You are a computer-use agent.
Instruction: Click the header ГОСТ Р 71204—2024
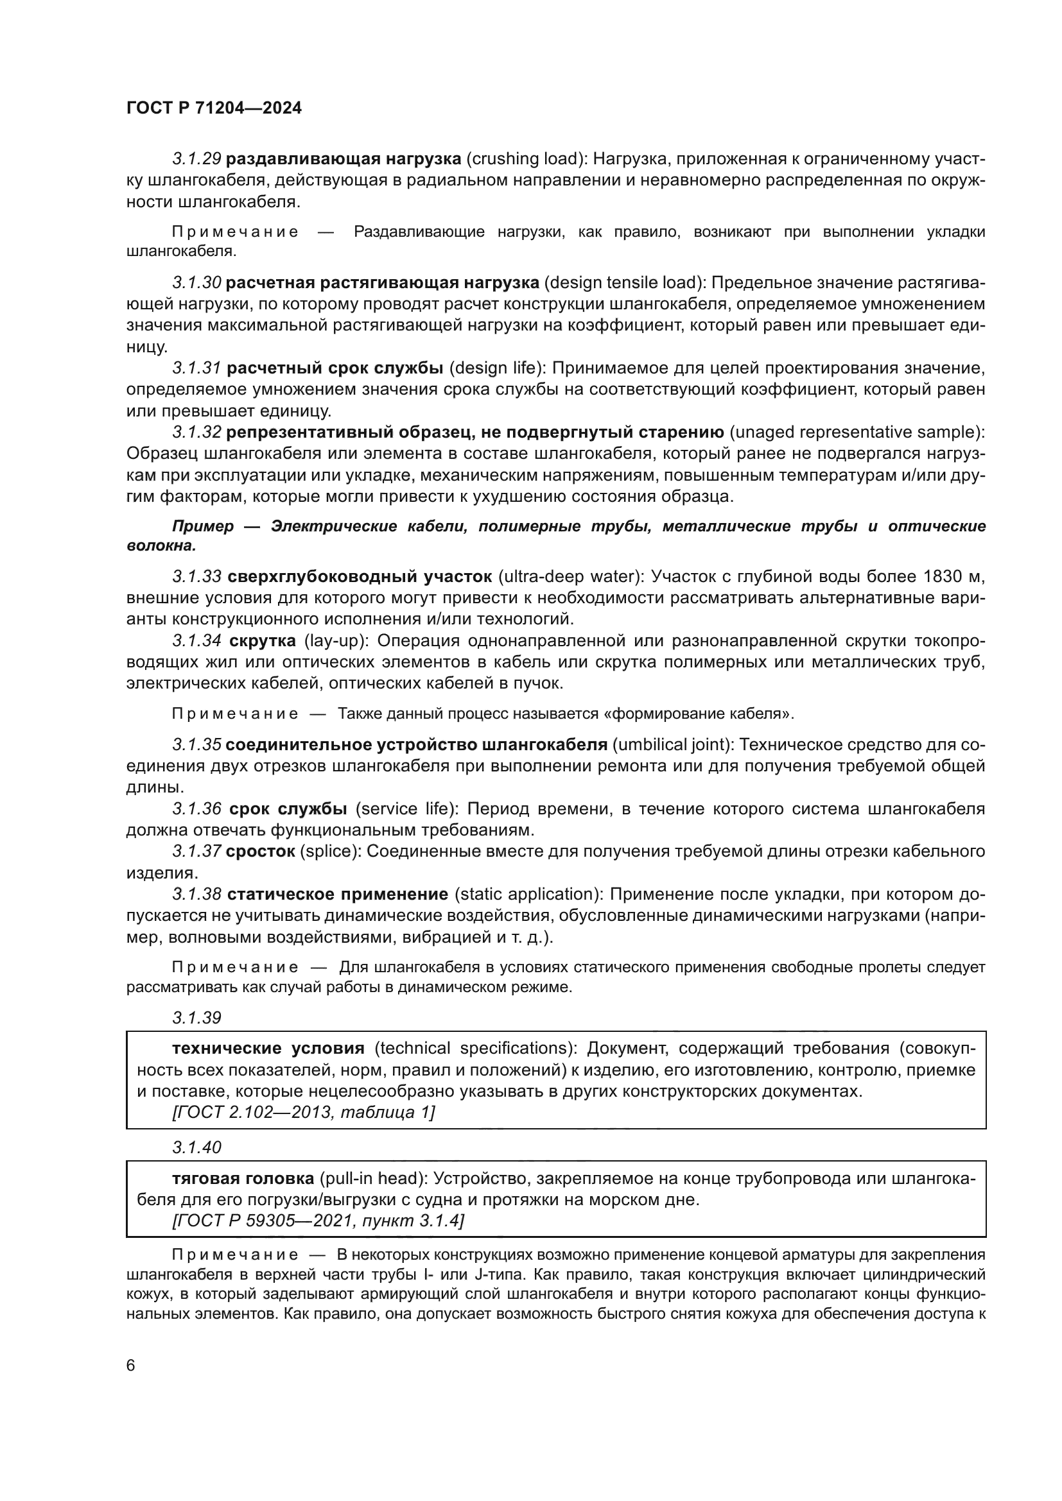[x=214, y=108]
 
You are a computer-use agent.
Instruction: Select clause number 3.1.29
[x=196, y=159]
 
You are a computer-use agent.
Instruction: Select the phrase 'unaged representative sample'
[x=856, y=432]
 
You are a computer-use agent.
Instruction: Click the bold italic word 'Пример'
[x=202, y=527]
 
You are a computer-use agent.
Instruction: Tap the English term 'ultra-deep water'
[x=568, y=577]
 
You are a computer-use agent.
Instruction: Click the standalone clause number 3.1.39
[x=196, y=1018]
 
